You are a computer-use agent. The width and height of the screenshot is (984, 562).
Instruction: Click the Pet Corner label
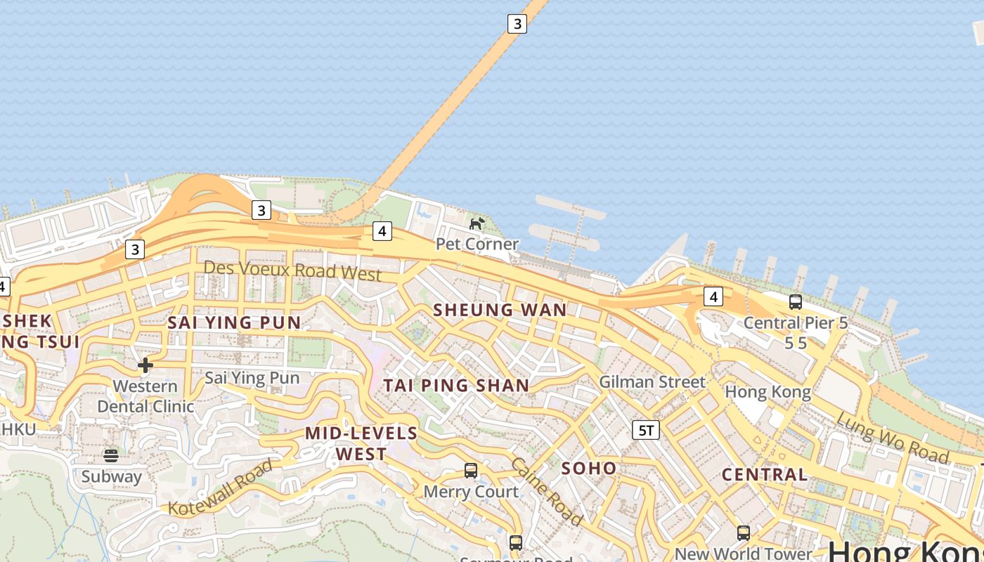(477, 244)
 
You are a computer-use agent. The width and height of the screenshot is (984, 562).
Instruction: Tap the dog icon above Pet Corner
(477, 223)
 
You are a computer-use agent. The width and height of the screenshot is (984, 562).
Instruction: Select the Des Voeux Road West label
(292, 270)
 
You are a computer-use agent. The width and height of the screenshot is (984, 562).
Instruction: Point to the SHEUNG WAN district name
(500, 310)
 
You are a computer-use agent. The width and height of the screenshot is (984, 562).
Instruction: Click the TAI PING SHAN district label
(456, 385)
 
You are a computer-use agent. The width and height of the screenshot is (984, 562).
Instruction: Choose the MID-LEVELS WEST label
(361, 443)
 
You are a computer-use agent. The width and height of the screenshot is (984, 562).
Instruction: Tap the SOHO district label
(589, 469)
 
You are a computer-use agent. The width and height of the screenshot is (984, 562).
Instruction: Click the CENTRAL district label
(765, 474)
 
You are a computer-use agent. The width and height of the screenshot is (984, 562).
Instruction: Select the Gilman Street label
(652, 382)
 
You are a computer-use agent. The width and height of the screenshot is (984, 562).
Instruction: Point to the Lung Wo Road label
(893, 438)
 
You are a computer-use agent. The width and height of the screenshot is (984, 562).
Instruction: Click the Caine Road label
(547, 491)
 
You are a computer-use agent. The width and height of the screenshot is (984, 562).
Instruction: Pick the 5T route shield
(646, 430)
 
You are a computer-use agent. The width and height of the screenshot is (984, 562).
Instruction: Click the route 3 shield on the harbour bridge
(517, 24)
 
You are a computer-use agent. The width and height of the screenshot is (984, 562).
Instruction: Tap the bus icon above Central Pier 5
(796, 302)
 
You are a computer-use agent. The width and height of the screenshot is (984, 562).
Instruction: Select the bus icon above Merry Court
(471, 471)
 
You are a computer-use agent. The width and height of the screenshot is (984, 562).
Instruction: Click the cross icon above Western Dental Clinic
(145, 365)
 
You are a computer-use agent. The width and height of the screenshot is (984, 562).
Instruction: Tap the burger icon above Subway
(111, 455)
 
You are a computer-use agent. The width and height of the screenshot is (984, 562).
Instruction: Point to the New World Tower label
(743, 554)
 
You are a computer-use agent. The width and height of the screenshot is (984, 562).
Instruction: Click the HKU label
(18, 428)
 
